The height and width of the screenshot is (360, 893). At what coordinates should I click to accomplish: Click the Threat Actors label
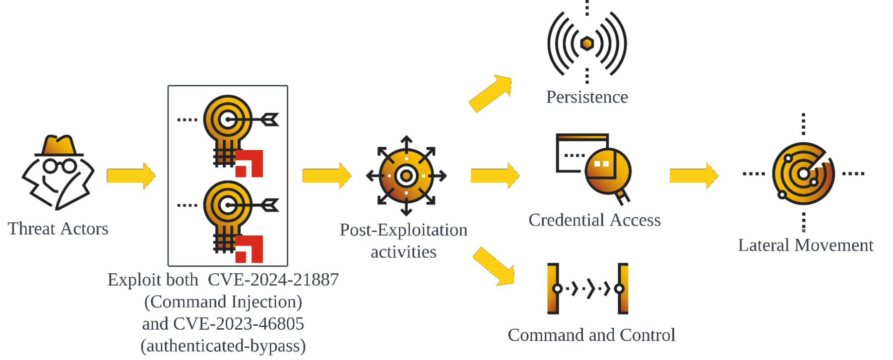58,229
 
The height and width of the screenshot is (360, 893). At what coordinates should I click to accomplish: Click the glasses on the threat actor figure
59,166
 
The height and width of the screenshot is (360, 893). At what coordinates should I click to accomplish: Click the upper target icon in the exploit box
228,120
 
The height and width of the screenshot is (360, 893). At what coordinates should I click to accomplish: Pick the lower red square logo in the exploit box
249,249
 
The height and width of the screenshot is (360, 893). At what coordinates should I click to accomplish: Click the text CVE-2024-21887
273,280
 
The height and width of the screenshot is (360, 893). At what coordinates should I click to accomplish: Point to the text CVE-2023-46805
238,324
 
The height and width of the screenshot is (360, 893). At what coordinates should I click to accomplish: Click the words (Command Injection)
223,302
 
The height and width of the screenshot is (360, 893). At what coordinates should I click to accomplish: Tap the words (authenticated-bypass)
223,346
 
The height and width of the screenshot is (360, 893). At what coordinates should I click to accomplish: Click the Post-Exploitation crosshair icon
406,176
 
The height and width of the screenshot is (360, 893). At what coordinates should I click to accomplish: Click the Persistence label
587,97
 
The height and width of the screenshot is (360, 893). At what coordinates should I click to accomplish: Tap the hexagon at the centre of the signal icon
587,43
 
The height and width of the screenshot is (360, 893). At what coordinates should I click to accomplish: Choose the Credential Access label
595,220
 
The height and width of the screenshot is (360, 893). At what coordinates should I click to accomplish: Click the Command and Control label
591,335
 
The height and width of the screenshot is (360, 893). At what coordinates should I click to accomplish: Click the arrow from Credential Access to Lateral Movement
693,176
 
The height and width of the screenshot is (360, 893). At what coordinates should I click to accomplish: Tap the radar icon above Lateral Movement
803,174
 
